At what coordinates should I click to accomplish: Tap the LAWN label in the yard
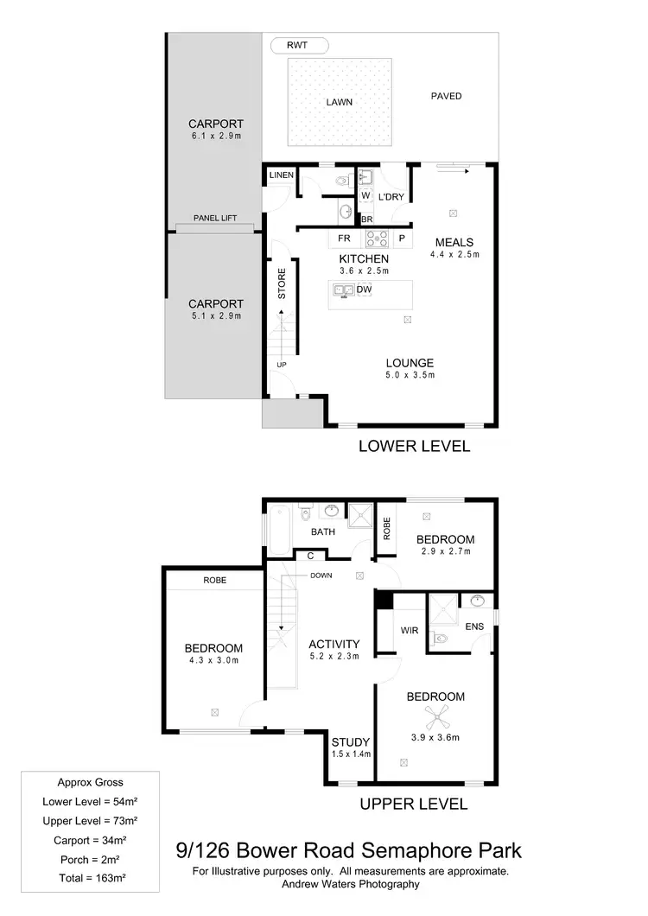(x=340, y=102)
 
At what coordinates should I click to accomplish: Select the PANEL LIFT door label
(x=215, y=219)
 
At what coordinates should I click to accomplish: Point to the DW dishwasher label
(x=364, y=289)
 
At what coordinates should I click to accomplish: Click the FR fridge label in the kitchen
(x=344, y=238)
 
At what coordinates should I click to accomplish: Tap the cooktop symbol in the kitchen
(x=377, y=238)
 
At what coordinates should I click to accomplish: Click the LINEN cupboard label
(x=282, y=175)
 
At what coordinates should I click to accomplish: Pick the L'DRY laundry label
(x=391, y=197)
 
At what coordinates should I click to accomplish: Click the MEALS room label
(x=454, y=242)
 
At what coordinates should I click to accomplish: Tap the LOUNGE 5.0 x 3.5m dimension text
(x=410, y=376)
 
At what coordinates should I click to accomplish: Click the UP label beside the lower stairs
(x=282, y=364)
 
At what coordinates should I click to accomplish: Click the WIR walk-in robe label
(x=410, y=630)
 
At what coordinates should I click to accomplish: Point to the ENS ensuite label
(x=474, y=626)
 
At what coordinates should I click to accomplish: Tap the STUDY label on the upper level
(x=351, y=741)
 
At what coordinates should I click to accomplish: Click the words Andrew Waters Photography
(x=350, y=884)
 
